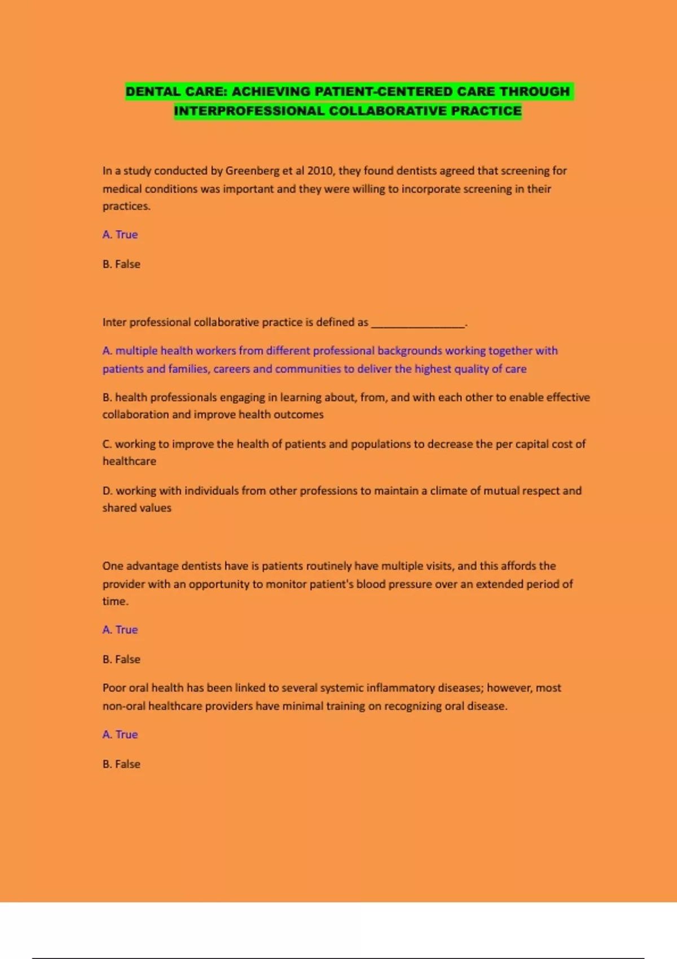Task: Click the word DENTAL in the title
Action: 149,91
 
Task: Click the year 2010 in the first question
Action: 320,170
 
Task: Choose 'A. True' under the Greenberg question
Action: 120,235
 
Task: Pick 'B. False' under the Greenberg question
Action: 121,264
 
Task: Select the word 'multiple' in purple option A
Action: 136,351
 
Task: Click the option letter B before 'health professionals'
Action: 107,397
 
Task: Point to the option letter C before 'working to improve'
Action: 107,444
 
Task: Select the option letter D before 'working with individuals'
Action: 107,491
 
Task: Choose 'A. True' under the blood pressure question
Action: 120,630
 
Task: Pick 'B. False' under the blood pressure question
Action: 121,659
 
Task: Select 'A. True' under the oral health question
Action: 120,734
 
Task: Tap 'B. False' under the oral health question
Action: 121,764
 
